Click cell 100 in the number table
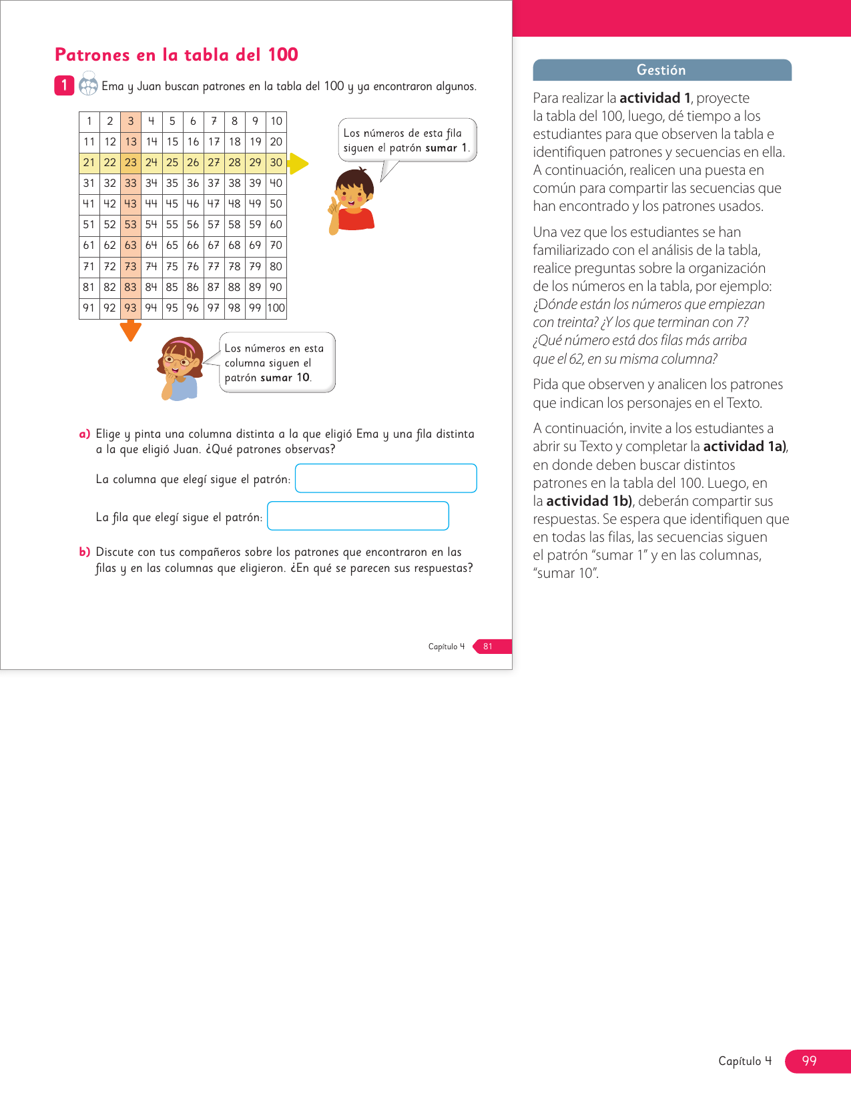(x=276, y=308)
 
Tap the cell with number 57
(x=214, y=225)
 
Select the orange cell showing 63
(x=131, y=246)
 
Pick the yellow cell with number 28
(x=234, y=162)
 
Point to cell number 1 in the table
(x=89, y=121)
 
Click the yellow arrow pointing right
(x=298, y=163)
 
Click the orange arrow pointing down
(x=131, y=330)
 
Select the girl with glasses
(x=179, y=368)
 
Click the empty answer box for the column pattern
(x=386, y=478)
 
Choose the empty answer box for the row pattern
(x=358, y=516)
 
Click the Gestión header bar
(x=661, y=70)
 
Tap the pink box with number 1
(x=64, y=85)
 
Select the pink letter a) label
(x=85, y=434)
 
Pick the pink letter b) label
(x=85, y=552)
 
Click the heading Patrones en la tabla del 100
(x=176, y=55)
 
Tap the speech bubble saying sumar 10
(x=276, y=363)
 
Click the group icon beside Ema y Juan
(x=88, y=85)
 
